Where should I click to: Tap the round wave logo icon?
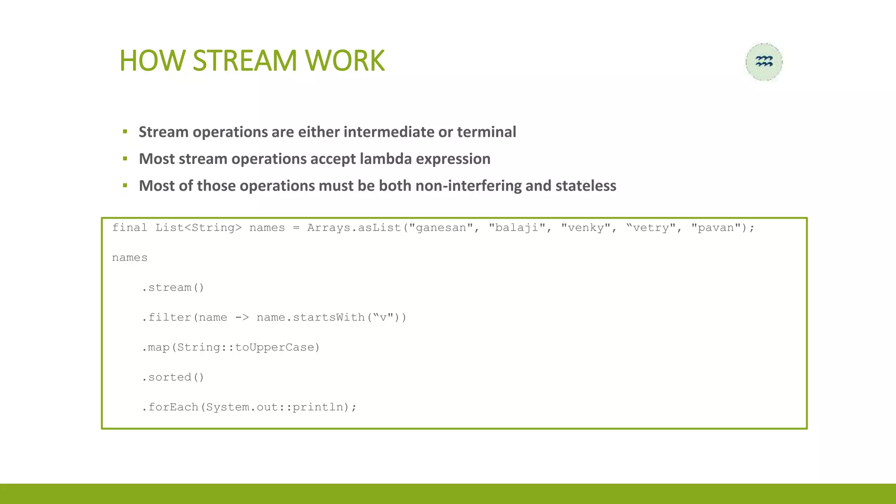764,62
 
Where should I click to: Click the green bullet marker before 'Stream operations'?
125,132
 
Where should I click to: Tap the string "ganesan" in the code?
441,227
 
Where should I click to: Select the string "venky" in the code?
586,227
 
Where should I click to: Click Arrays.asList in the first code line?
354,227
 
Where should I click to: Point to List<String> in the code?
198,227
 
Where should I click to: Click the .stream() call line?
173,287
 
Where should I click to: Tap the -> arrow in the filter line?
241,317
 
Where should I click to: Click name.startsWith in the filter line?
310,317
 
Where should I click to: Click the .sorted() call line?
173,377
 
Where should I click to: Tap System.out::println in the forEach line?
274,407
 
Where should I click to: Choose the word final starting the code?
129,227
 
